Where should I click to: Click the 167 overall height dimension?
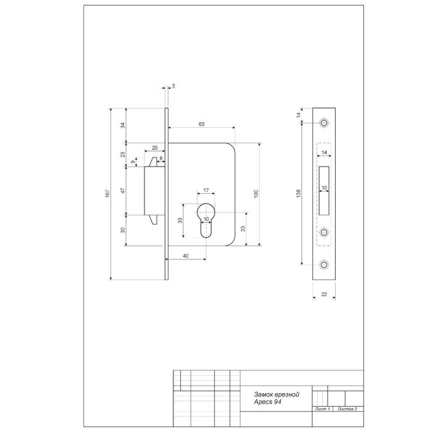point(107,193)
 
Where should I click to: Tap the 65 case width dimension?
point(202,124)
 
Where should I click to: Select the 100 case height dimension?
point(256,194)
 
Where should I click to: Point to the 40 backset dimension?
point(186,256)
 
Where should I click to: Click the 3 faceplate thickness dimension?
point(173,86)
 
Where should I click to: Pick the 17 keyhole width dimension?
point(206,190)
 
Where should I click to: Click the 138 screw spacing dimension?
point(299,193)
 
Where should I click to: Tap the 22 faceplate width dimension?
point(324,294)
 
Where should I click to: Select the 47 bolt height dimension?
point(123,190)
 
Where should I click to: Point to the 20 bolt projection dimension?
point(155,148)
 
